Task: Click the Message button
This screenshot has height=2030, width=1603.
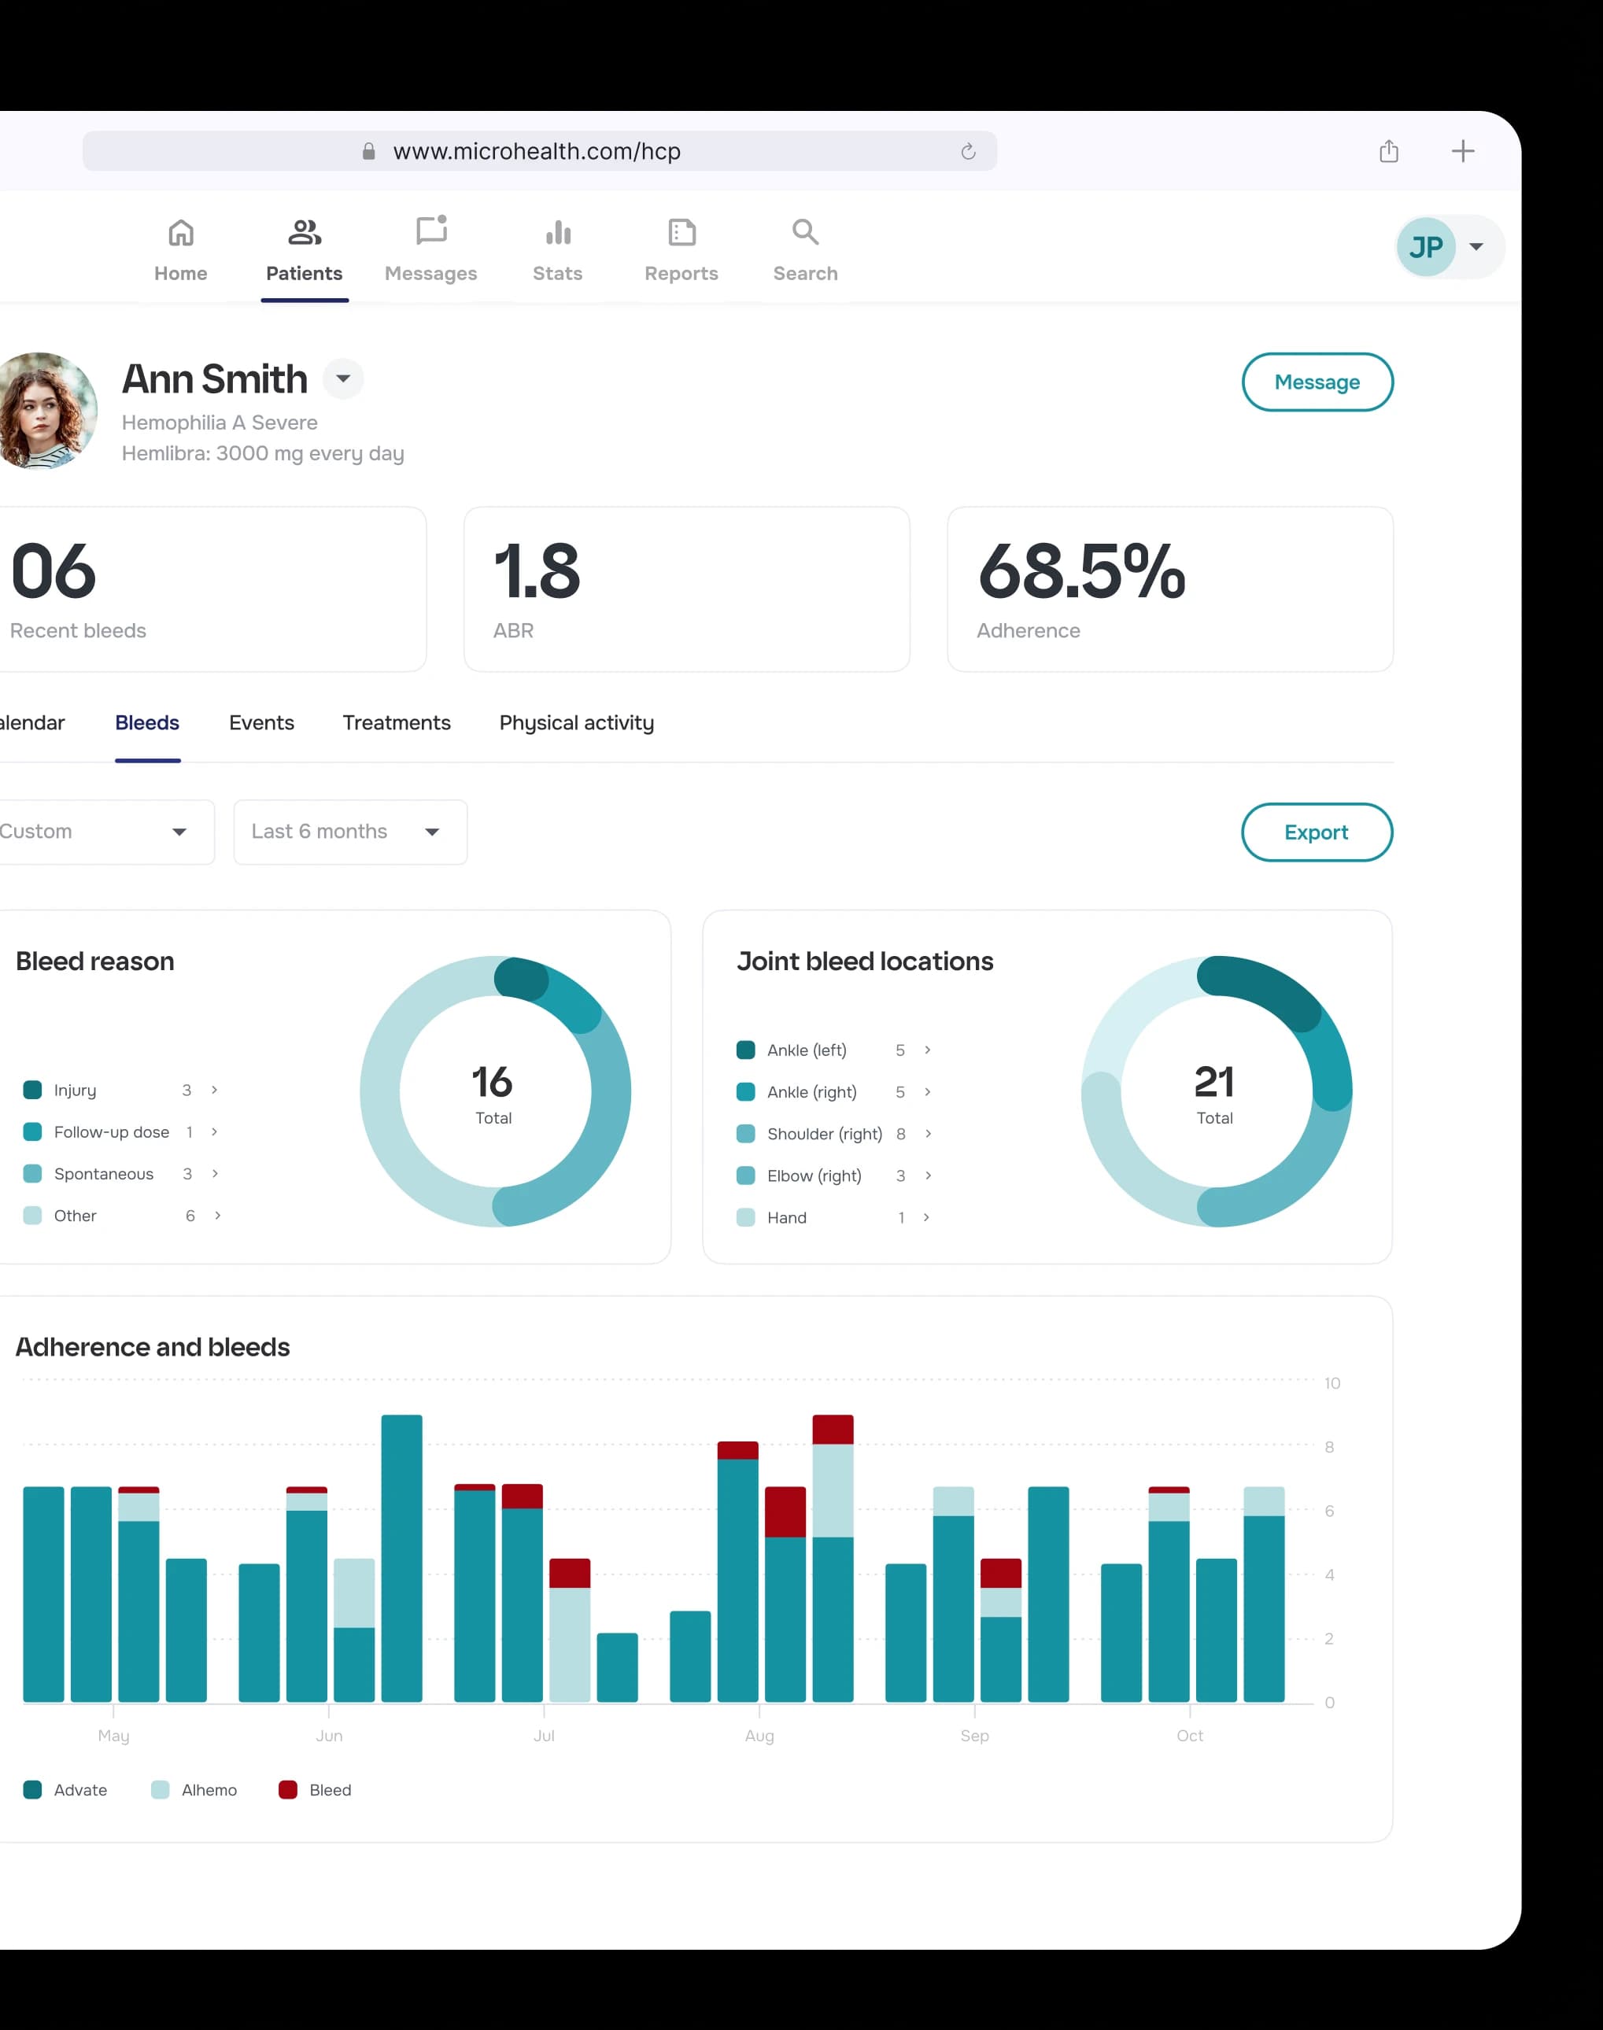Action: click(1317, 382)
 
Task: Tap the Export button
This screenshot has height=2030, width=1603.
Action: click(1316, 832)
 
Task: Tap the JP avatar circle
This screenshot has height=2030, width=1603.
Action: click(1426, 247)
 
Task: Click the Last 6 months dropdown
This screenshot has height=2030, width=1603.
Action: click(350, 832)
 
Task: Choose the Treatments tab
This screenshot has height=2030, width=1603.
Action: click(396, 722)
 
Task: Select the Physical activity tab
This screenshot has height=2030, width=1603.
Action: click(576, 722)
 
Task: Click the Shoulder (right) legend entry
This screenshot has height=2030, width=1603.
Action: click(824, 1134)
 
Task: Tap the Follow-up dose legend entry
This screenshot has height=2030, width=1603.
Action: click(111, 1132)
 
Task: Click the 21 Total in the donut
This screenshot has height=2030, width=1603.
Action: click(1214, 1092)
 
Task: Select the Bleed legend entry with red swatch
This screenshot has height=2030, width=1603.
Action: click(316, 1790)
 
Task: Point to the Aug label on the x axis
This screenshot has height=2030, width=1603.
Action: click(759, 1735)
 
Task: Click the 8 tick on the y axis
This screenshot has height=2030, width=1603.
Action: click(1329, 1447)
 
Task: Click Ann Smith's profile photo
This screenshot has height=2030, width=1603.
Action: click(45, 410)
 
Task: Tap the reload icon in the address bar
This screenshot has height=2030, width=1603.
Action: click(969, 151)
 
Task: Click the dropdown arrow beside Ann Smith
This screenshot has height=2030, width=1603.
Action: click(343, 378)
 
